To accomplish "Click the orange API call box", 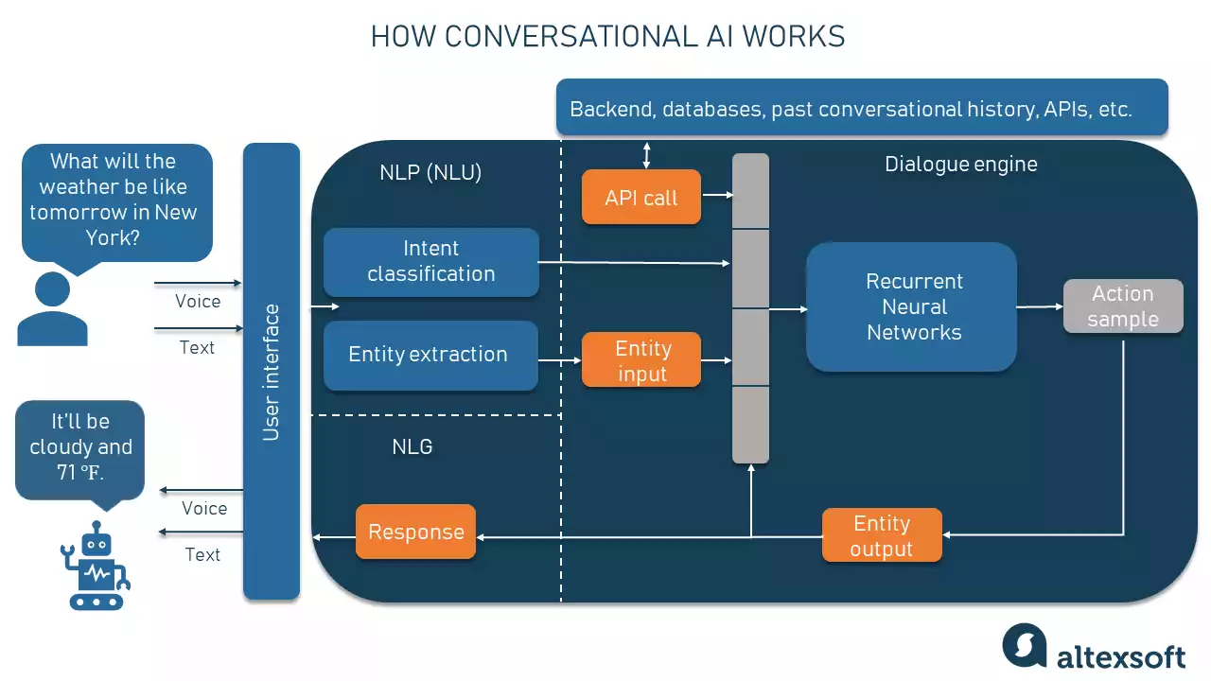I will click(x=641, y=197).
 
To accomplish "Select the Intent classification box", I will click(x=430, y=262).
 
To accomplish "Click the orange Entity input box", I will click(x=641, y=360).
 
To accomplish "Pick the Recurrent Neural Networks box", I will click(x=911, y=306).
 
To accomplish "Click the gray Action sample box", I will click(x=1122, y=306).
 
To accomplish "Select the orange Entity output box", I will click(x=881, y=535).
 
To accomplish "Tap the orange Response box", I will click(x=415, y=532).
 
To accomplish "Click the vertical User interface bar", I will click(x=272, y=371).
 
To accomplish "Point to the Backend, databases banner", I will click(x=861, y=108).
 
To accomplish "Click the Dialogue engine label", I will click(x=960, y=165).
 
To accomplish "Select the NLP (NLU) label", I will click(x=430, y=172).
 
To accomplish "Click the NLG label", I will click(x=412, y=446).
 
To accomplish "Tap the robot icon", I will click(x=96, y=567).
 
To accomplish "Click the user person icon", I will click(x=52, y=309).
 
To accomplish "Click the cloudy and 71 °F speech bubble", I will click(x=80, y=447).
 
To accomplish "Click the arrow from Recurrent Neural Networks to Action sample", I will click(x=1040, y=306).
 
